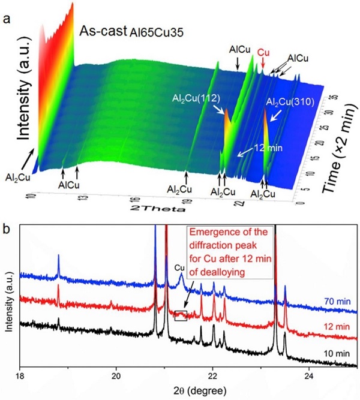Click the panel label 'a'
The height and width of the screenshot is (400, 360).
[x=7, y=19]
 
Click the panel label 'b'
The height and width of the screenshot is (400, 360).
[x=7, y=228]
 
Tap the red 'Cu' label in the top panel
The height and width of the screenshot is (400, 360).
[x=262, y=52]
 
